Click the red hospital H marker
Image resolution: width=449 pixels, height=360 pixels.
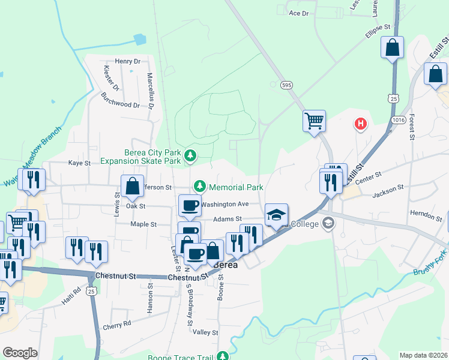pyautogui.click(x=360, y=124)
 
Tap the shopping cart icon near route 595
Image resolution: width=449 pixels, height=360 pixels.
pyautogui.click(x=314, y=121)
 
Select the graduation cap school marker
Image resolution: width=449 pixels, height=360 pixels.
pyautogui.click(x=276, y=215)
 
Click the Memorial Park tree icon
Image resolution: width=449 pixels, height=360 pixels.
pyautogui.click(x=199, y=187)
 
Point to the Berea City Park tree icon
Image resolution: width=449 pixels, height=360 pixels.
pyautogui.click(x=190, y=156)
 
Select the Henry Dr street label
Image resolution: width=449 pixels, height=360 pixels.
pyautogui.click(x=127, y=61)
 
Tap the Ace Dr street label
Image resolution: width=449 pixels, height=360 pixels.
pyautogui.click(x=298, y=13)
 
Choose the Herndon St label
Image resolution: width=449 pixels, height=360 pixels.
pyautogui.click(x=426, y=214)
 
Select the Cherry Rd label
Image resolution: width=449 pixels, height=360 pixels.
pyautogui.click(x=117, y=324)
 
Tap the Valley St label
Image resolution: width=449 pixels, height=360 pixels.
pyautogui.click(x=205, y=332)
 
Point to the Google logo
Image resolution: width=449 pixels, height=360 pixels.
pyautogui.click(x=20, y=353)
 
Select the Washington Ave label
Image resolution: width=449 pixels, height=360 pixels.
pyautogui.click(x=224, y=204)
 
